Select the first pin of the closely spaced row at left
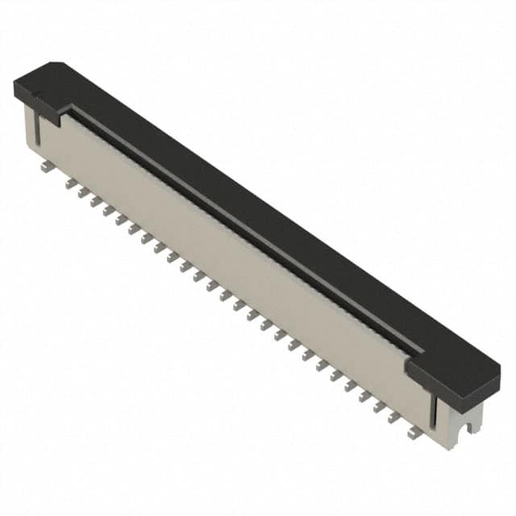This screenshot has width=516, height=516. coord(71,183)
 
